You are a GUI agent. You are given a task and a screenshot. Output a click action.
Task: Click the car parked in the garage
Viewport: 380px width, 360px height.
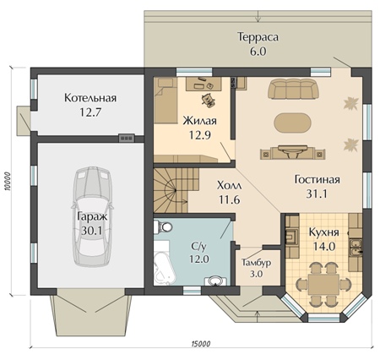point(93,216)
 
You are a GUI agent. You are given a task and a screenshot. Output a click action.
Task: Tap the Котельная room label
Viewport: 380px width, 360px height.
point(90,98)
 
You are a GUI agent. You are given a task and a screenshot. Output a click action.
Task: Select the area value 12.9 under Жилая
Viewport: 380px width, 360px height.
point(200,135)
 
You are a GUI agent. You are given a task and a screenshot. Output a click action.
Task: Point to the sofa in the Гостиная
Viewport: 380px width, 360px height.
point(293,89)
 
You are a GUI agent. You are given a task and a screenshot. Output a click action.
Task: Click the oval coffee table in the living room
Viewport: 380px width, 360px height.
point(293,123)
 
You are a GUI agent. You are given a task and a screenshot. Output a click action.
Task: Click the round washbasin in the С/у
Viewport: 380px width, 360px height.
point(215,281)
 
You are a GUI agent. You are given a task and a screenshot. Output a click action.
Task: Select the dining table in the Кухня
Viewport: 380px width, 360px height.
point(323,284)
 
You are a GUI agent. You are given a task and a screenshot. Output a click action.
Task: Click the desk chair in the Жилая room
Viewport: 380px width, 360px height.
point(209,100)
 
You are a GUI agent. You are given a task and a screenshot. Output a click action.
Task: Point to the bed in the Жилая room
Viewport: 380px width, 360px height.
point(166,101)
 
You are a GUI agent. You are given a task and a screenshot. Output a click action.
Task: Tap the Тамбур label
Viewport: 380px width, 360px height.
point(257,263)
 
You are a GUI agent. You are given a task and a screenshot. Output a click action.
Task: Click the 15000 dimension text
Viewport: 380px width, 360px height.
point(201,344)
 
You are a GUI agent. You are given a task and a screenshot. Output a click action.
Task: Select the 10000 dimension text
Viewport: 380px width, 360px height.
point(8,181)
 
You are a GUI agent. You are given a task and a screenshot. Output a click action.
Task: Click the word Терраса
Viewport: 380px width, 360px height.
point(258,37)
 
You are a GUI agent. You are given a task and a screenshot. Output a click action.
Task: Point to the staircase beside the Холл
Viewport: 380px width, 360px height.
point(176,190)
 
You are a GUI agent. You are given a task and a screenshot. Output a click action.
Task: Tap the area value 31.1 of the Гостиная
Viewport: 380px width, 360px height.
point(317,194)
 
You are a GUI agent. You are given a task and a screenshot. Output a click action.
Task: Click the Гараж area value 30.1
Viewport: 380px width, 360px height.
point(92,231)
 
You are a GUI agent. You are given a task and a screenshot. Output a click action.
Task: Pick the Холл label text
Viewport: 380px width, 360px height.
point(230,186)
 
